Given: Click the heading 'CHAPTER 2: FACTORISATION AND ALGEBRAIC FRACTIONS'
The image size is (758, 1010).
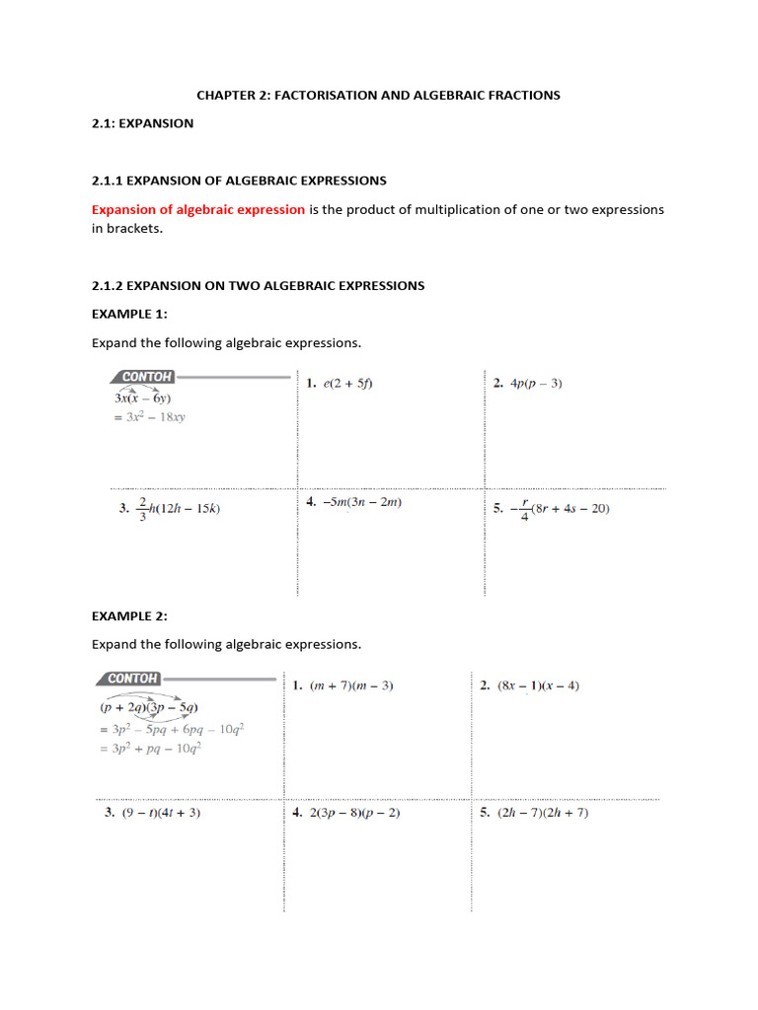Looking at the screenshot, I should tap(378, 95).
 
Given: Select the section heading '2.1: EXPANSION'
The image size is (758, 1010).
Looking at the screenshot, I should tap(142, 123).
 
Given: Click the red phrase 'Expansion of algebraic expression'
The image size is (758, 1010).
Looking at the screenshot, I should tap(197, 210).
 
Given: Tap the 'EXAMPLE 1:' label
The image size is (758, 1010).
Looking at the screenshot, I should tap(129, 314).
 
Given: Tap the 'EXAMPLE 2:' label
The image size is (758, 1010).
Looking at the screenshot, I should tap(129, 615).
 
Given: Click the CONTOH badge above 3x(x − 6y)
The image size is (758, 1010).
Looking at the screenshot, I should tap(147, 377).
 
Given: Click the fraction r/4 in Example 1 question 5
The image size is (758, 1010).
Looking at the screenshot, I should tap(524, 509).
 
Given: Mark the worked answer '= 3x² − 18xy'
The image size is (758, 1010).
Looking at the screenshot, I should tap(149, 417).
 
